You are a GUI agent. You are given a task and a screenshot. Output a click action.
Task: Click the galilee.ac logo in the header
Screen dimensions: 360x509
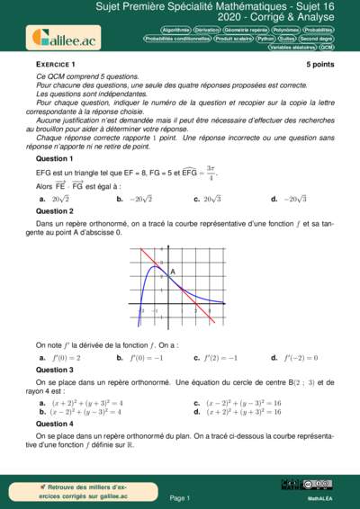pyautogui.click(x=65, y=37)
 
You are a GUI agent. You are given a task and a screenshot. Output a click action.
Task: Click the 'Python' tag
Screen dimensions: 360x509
pyautogui.click(x=265, y=39)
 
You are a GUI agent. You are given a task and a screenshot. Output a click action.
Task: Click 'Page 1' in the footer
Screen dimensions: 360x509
pyautogui.click(x=180, y=497)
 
